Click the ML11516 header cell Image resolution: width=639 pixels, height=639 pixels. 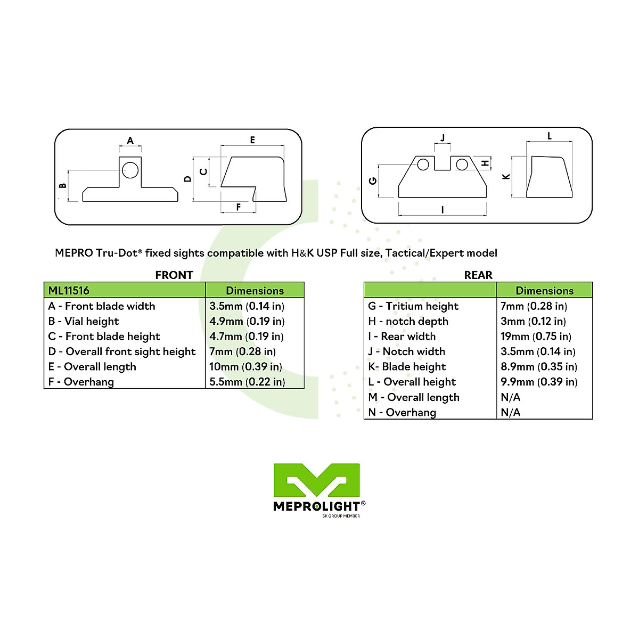click(x=69, y=291)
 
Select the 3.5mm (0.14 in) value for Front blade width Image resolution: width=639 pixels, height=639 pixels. click(x=247, y=306)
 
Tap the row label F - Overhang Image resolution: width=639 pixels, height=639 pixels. click(x=81, y=382)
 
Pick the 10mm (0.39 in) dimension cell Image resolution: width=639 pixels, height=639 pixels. click(x=245, y=367)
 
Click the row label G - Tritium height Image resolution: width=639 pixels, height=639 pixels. click(x=413, y=306)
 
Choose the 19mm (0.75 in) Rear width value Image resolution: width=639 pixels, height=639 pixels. click(x=536, y=337)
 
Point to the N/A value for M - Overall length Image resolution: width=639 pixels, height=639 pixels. click(x=511, y=397)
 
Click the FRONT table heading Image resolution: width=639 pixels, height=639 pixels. click(x=174, y=275)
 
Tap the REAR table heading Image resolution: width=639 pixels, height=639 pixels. click(x=478, y=275)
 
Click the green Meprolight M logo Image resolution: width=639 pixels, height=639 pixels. click(x=317, y=481)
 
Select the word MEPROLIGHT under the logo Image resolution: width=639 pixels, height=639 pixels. click(x=317, y=506)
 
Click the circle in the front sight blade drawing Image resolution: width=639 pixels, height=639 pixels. click(x=130, y=170)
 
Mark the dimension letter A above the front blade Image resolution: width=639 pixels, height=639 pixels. click(x=130, y=141)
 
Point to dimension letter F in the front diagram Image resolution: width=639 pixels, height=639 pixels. click(x=239, y=207)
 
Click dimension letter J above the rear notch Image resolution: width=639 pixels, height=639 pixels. click(x=443, y=138)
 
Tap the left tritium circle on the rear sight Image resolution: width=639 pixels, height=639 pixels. click(x=423, y=165)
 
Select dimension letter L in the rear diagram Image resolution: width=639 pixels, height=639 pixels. click(x=550, y=136)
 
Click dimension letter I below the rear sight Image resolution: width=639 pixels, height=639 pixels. click(x=443, y=210)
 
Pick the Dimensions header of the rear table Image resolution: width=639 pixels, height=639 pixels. click(x=544, y=291)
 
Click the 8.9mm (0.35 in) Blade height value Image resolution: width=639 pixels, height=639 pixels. click(x=539, y=367)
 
